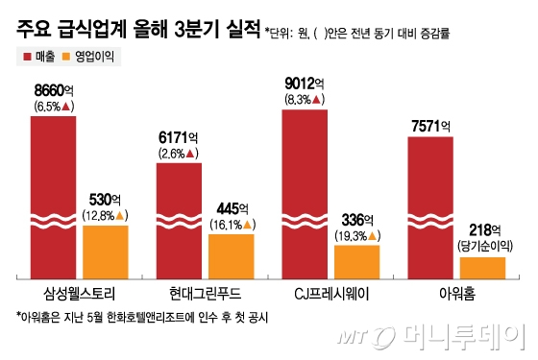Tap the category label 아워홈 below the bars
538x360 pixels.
pyautogui.click(x=456, y=291)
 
